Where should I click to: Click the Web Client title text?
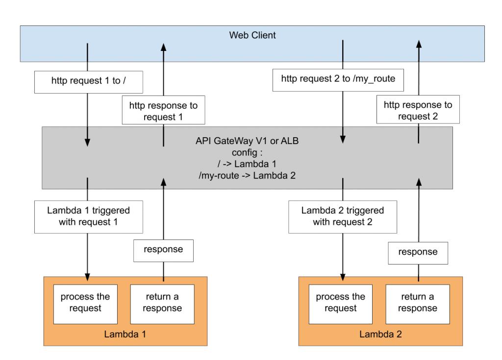[x=252, y=35]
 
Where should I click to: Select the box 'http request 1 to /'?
[x=89, y=82]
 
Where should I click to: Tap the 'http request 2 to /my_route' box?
[x=338, y=80]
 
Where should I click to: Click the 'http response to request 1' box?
[x=163, y=110]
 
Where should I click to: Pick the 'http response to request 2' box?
[x=418, y=109]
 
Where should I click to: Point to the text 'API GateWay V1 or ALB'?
[x=247, y=141]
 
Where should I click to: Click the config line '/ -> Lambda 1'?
[x=247, y=164]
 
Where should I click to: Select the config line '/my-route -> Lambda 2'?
[x=247, y=175]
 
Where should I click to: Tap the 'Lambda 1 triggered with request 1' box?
[x=89, y=217]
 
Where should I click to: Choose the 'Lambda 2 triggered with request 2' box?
[x=343, y=217]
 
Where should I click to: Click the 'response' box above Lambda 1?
[x=163, y=251]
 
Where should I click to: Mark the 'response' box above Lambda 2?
[x=418, y=253]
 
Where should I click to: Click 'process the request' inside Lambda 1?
[x=85, y=304]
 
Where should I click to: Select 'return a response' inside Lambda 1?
[x=162, y=304]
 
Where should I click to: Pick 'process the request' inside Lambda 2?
[x=341, y=304]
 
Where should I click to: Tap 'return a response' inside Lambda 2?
[x=418, y=304]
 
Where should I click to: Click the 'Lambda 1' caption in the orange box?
[x=125, y=334]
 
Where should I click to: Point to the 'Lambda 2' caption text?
[x=380, y=334]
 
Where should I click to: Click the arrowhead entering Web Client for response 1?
[x=164, y=48]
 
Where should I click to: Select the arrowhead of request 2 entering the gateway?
[x=343, y=139]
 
